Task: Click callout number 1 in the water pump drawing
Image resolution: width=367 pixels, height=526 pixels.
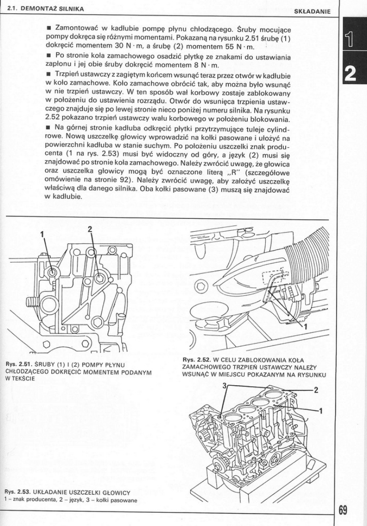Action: point(42,233)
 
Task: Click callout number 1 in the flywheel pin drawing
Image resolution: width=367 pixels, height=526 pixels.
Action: point(306,327)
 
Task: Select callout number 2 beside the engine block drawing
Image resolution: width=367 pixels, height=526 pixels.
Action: point(316,390)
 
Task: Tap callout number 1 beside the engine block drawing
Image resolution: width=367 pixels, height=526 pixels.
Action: point(321,410)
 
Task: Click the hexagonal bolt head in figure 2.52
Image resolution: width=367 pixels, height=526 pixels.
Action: point(201,287)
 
